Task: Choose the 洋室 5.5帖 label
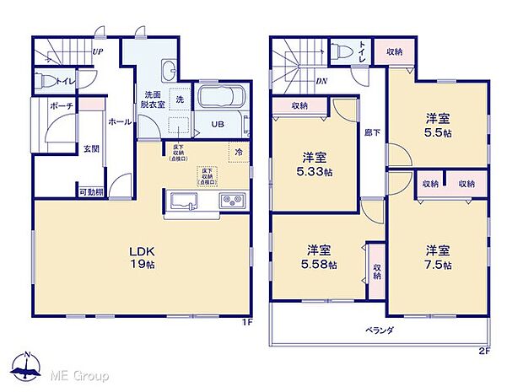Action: coord(437,126)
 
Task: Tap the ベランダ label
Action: coord(381,330)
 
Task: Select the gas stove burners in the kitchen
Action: coord(231,201)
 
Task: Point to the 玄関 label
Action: coord(90,149)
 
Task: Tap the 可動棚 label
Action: coord(91,191)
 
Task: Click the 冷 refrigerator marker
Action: coord(239,152)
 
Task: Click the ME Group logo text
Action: coord(82,371)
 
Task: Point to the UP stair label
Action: coord(97,51)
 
